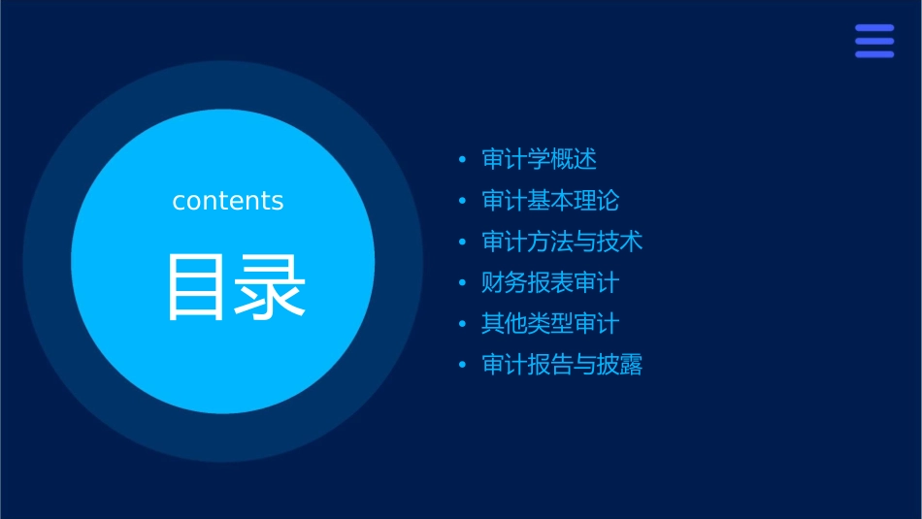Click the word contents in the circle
point(228,201)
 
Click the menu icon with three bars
point(873,41)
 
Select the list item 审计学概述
point(539,159)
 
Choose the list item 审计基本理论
point(550,201)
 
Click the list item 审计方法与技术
point(562,242)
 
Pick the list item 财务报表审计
point(550,283)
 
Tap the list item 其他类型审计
point(550,324)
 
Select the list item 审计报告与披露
point(562,365)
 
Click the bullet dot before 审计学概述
point(462,160)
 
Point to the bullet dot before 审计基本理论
point(462,201)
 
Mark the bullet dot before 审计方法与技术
point(462,243)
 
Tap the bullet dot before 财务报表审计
point(462,283)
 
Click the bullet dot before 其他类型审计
point(462,324)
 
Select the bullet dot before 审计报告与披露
point(462,366)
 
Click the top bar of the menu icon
point(873,28)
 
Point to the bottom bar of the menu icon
point(873,54)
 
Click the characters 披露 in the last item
point(619,365)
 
